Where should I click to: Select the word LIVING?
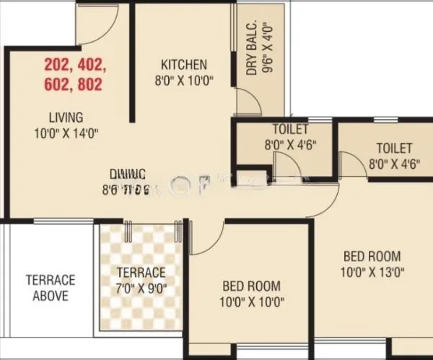pyautogui.click(x=66, y=117)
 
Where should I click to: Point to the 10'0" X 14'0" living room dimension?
pyautogui.click(x=65, y=132)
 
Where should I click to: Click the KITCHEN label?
pyautogui.click(x=184, y=64)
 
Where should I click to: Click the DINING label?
pyautogui.click(x=128, y=174)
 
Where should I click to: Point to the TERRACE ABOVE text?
pyautogui.click(x=51, y=287)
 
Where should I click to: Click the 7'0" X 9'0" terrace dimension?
pyautogui.click(x=141, y=288)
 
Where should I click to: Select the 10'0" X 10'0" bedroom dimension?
pyautogui.click(x=250, y=301)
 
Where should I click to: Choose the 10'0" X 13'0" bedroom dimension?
pyautogui.click(x=372, y=272)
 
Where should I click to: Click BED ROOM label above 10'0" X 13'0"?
pyautogui.click(x=372, y=257)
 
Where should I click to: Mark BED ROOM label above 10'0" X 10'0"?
pyautogui.click(x=250, y=286)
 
